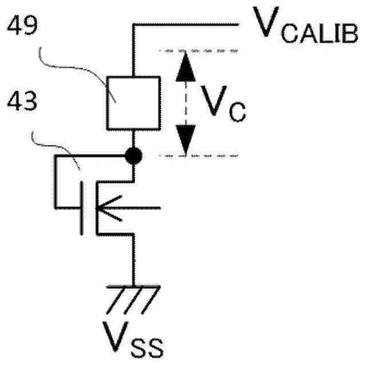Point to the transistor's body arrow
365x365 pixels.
tap(112, 208)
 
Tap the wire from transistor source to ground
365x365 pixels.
tap(133, 259)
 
